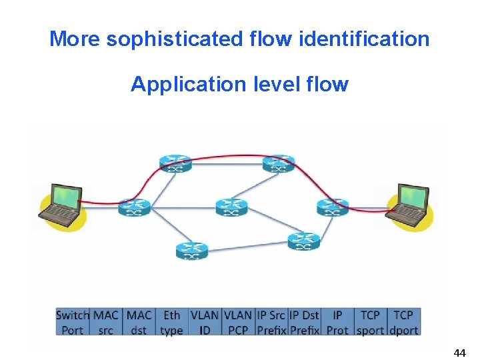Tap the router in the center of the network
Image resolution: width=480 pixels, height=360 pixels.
pyautogui.click(x=231, y=207)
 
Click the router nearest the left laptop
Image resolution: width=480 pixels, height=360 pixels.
pyautogui.click(x=134, y=207)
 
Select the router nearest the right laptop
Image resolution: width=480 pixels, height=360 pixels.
pyautogui.click(x=332, y=207)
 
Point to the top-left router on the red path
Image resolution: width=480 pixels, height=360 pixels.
pyautogui.click(x=175, y=163)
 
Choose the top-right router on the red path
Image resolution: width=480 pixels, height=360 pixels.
pyautogui.click(x=278, y=163)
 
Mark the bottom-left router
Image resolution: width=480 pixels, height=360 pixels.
pyautogui.click(x=192, y=251)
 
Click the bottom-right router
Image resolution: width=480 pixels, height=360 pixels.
pyautogui.click(x=303, y=241)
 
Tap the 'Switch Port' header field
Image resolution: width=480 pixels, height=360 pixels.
pyautogui.click(x=73, y=322)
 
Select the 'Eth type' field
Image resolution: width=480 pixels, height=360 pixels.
pyautogui.click(x=171, y=322)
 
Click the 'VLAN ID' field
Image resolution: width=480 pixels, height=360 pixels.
pyautogui.click(x=204, y=322)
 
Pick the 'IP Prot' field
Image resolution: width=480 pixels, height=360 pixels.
pyautogui.click(x=337, y=322)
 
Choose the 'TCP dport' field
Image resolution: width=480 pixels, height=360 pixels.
pyautogui.click(x=403, y=322)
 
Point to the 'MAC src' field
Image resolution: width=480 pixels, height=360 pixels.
pyautogui.click(x=106, y=322)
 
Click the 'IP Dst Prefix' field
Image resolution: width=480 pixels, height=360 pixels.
pyautogui.click(x=304, y=322)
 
